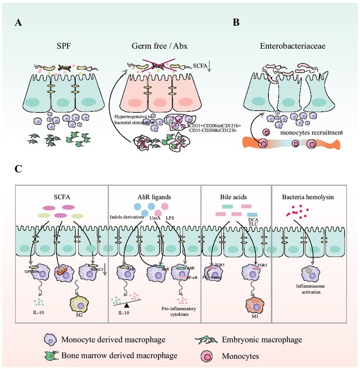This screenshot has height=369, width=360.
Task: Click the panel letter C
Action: point(19,169)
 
